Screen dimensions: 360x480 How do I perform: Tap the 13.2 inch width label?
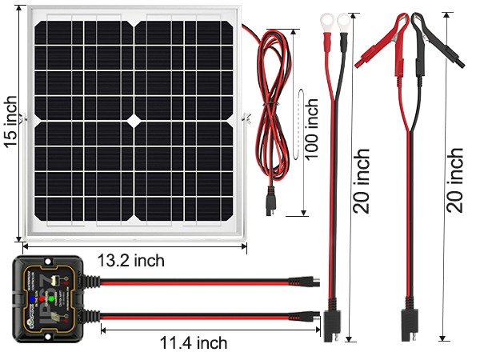(x=132, y=260)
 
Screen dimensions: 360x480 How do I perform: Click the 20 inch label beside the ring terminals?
(x=361, y=180)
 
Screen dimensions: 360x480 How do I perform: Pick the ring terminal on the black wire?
(x=345, y=19)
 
